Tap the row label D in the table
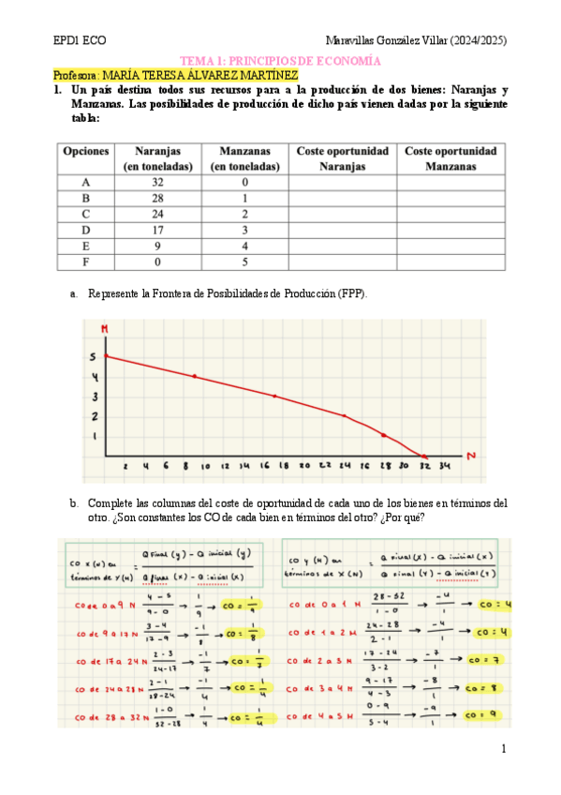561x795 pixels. pyautogui.click(x=86, y=230)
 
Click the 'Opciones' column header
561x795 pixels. pyautogui.click(x=86, y=150)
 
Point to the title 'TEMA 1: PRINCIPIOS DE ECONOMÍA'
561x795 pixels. pyautogui.click(x=280, y=59)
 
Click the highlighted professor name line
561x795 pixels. pyautogui.click(x=176, y=74)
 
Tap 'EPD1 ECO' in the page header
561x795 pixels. pyautogui.click(x=80, y=41)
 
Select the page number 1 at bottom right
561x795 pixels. pyautogui.click(x=503, y=748)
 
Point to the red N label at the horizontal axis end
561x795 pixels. pyautogui.click(x=471, y=456)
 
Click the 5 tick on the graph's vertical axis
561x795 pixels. pyautogui.click(x=93, y=357)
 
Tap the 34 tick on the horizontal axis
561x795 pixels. pyautogui.click(x=444, y=466)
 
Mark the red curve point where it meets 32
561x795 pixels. pyautogui.click(x=424, y=456)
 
